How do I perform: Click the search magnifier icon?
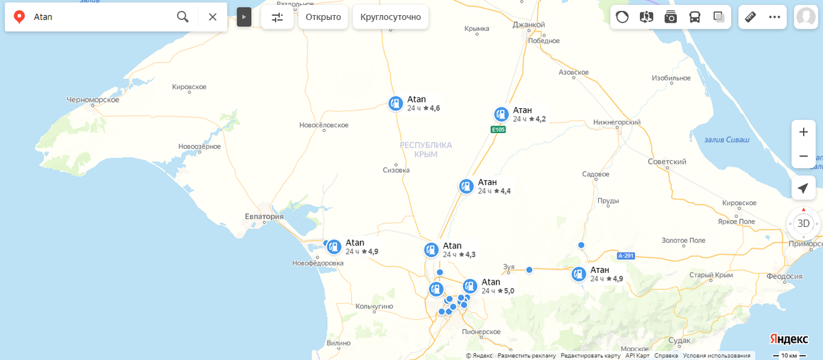[182, 16]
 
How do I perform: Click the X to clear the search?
[213, 16]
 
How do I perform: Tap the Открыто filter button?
[323, 17]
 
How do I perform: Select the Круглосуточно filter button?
[390, 17]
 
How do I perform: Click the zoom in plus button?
[803, 132]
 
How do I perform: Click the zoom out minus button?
[803, 156]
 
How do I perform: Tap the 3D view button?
[803, 223]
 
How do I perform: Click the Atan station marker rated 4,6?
[395, 104]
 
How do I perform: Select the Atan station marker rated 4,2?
[501, 115]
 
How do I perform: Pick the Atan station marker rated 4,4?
[466, 186]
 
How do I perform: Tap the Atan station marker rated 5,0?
[470, 286]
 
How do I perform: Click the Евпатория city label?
[264, 217]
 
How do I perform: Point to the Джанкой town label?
[528, 25]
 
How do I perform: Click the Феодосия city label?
[783, 276]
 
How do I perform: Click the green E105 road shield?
[498, 129]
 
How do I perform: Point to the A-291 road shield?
[625, 256]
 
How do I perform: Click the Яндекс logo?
[788, 339]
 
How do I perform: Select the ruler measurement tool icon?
[750, 17]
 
